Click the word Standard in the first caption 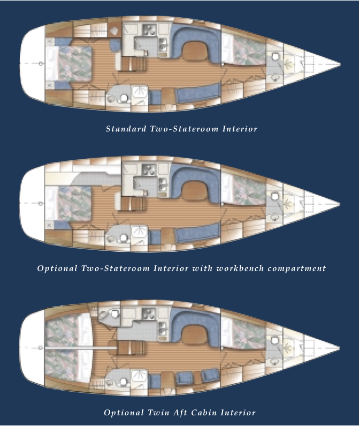[x=126, y=128]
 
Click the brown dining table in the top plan [x=195, y=50]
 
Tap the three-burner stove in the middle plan [x=149, y=170]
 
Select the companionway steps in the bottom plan [x=131, y=348]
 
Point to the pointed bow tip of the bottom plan [x=340, y=348]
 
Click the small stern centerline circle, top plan [x=41, y=64]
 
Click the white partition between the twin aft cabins [x=81, y=348]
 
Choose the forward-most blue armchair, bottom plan [x=210, y=376]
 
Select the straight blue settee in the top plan [x=198, y=93]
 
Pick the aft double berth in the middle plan [x=68, y=203]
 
